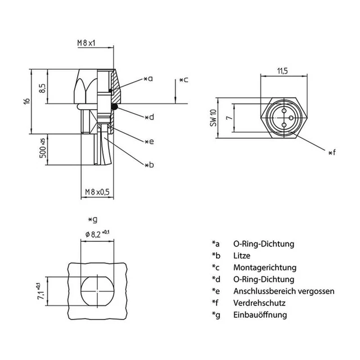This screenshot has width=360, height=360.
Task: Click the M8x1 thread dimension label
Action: [x=87, y=43]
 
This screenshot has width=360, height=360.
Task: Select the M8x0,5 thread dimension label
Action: [x=94, y=192]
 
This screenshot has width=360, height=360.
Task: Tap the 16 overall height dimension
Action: [x=25, y=101]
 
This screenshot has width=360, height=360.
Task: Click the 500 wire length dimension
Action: [x=42, y=150]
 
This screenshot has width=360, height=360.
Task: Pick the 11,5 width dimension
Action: [x=282, y=71]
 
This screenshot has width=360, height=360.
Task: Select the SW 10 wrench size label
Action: [x=213, y=119]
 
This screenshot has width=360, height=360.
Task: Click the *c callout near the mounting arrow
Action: [x=183, y=80]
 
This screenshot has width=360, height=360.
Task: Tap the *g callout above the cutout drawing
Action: [x=93, y=219]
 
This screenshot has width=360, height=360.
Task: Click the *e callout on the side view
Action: [x=148, y=141]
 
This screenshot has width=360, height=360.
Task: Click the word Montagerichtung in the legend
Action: [x=264, y=268]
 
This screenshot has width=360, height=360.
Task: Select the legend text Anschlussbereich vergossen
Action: [x=283, y=291]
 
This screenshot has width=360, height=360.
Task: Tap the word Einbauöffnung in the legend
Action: [x=260, y=315]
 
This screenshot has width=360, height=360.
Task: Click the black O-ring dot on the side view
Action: [x=114, y=106]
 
